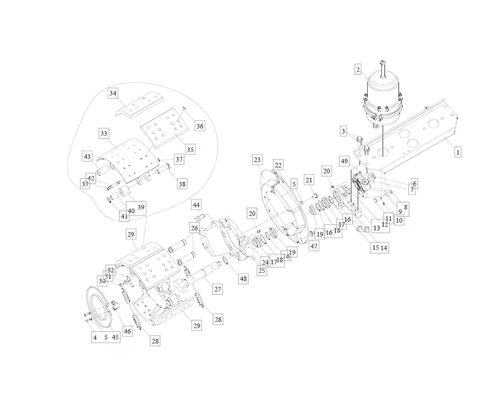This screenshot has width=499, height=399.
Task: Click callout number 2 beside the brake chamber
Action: click(x=358, y=70)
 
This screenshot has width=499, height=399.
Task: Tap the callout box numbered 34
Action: click(x=113, y=93)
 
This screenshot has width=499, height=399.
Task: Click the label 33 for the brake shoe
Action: click(x=103, y=134)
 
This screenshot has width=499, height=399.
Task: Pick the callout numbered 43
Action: click(x=87, y=156)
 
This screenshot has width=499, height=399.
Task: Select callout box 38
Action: click(x=182, y=184)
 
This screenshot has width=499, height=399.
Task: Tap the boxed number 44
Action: click(x=197, y=205)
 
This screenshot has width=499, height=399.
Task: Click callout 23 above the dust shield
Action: click(x=257, y=160)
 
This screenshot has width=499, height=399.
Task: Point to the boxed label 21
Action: click(x=309, y=180)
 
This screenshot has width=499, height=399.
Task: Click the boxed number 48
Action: click(x=243, y=279)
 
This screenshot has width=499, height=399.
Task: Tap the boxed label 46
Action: click(x=127, y=331)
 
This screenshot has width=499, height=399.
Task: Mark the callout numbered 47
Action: click(x=313, y=246)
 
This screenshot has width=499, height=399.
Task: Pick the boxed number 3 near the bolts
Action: click(x=343, y=131)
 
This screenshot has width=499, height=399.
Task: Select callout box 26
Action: click(x=194, y=228)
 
